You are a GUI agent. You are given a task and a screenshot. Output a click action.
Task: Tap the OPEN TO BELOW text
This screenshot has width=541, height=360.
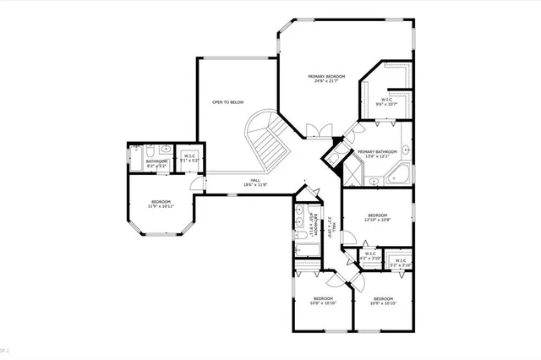coord(228,102)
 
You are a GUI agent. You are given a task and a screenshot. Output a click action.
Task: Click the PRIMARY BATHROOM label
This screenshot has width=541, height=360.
coord(378,154)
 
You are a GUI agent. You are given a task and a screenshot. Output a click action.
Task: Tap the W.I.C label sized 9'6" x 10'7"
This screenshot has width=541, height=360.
coord(385,102)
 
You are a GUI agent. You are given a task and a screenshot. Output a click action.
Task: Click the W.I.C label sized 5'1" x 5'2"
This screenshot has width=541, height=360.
coord(189,158)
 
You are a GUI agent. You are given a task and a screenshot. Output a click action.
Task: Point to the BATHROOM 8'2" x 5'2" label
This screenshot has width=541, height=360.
coord(156,163)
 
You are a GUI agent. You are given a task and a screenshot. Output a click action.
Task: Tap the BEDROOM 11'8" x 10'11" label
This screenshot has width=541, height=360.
coord(161,204)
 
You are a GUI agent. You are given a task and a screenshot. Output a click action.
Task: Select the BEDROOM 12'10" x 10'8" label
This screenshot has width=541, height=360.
coord(378,218)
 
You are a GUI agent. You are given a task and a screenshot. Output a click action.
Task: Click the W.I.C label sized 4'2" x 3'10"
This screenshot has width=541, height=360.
coord(369,256)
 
